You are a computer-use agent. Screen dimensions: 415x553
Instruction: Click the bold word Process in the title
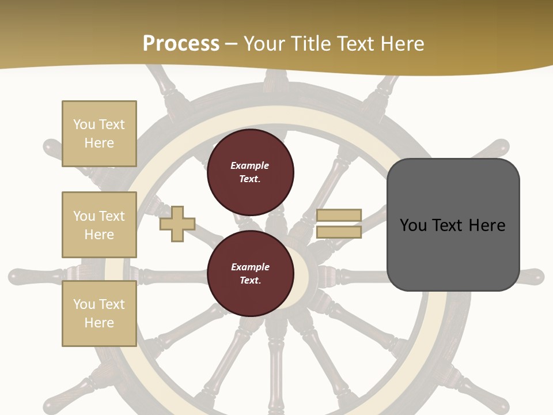(x=181, y=44)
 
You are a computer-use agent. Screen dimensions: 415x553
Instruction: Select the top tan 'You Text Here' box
(x=99, y=134)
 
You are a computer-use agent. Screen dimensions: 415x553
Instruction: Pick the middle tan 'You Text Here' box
(x=99, y=225)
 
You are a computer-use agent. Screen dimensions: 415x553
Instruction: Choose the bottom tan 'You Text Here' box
(x=99, y=314)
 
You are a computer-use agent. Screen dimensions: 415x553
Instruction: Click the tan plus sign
(x=177, y=223)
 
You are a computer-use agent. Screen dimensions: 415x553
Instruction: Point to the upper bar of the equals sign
(x=339, y=215)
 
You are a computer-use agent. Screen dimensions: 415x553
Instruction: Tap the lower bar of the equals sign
(x=339, y=232)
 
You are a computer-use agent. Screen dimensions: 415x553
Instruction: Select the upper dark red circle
(x=250, y=172)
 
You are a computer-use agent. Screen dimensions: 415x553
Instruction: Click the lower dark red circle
(x=250, y=274)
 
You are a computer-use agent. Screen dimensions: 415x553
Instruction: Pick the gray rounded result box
(x=453, y=225)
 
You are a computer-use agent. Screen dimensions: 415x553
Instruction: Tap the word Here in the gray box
(x=487, y=225)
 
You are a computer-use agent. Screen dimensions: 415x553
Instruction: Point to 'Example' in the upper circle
(x=250, y=165)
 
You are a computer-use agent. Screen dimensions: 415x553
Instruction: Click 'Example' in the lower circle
(x=250, y=267)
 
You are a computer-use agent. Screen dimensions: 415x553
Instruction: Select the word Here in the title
(x=403, y=44)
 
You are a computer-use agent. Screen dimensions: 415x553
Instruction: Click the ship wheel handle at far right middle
(x=533, y=276)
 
